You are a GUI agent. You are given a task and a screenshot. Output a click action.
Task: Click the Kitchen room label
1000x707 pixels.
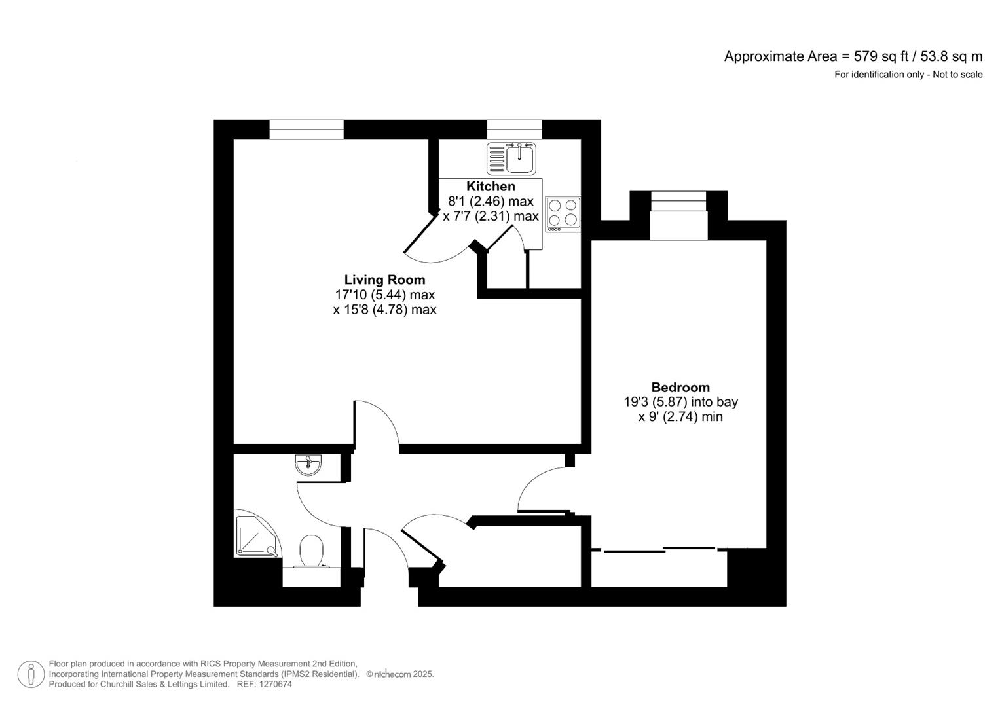pos(491,187)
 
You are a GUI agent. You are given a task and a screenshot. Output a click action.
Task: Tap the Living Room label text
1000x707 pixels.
pos(384,280)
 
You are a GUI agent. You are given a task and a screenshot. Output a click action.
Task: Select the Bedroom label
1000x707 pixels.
pos(680,388)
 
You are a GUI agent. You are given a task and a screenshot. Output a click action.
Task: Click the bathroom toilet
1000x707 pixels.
pos(312,551)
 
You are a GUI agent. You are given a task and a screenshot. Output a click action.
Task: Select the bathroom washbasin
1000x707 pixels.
pos(308,464)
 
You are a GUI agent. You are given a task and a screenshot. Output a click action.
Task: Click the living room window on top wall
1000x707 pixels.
pos(306,130)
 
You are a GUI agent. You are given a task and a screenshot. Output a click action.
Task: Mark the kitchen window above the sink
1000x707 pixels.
pos(514,130)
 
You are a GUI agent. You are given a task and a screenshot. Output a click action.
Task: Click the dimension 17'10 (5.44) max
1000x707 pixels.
pos(384,295)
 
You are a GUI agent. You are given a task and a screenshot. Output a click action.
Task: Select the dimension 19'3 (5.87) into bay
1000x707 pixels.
pos(680,402)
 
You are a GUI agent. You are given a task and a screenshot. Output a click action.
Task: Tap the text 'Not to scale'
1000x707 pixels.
pos(957,75)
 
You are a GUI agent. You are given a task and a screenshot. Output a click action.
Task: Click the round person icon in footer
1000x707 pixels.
pos(31,674)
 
